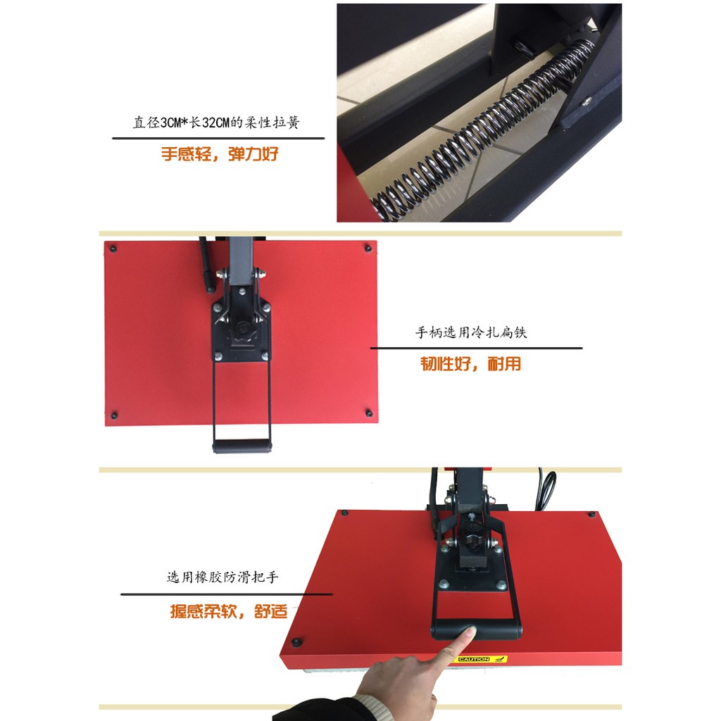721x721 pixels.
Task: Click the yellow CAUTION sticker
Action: (x=482, y=659)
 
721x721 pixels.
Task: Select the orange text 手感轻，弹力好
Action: (x=220, y=154)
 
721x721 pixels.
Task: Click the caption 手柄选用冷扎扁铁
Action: (x=471, y=332)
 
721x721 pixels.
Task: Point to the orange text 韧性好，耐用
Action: (x=471, y=364)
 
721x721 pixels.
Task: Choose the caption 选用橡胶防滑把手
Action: (x=222, y=577)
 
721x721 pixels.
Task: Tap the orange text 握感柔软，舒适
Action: (x=229, y=611)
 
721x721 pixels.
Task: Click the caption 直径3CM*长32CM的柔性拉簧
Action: (x=217, y=123)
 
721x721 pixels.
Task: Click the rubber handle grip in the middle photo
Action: (x=242, y=446)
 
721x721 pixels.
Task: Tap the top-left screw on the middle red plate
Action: (x=113, y=249)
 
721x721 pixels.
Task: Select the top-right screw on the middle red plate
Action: (x=368, y=249)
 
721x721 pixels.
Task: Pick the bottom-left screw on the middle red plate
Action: (x=115, y=415)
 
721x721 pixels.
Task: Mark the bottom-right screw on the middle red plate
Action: (x=369, y=413)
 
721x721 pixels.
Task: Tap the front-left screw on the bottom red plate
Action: (x=296, y=641)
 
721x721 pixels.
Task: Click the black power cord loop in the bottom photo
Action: (x=547, y=490)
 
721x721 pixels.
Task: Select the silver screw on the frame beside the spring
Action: (x=587, y=101)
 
